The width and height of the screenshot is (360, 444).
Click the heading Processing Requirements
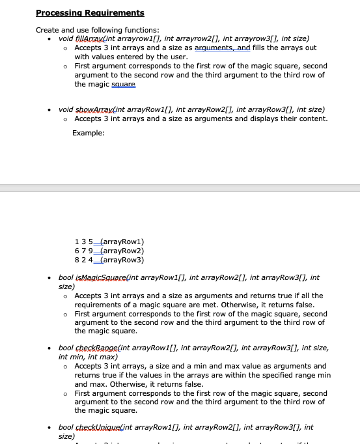[90, 13]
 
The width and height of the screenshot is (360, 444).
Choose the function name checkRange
[94, 348]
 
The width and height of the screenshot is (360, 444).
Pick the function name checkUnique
[95, 427]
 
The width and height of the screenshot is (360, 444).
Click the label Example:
[89, 133]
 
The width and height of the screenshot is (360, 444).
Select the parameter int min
[71, 357]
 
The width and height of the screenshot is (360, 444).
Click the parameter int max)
[102, 357]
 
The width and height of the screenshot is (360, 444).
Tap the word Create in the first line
[47, 30]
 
